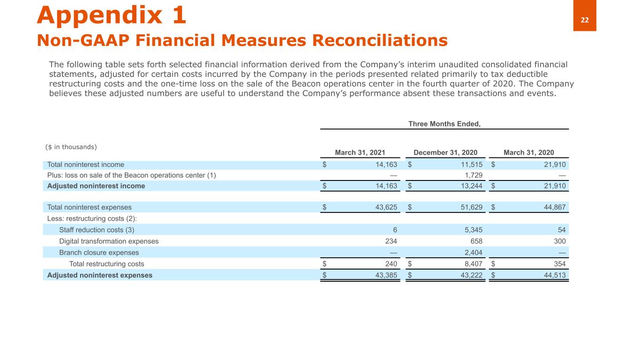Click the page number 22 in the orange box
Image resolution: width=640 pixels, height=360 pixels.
coord(585,20)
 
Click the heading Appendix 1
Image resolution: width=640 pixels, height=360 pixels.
coord(112,15)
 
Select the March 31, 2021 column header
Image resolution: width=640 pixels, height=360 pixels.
coord(361,152)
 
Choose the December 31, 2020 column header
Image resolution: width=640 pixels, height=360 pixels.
coord(445,152)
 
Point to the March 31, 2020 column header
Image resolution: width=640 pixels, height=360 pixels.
coord(528,152)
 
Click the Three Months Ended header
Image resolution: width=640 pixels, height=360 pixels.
coord(444,124)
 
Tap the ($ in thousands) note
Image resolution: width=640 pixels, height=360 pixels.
coord(71,147)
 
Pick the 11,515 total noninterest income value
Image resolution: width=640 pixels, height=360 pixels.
coord(470,165)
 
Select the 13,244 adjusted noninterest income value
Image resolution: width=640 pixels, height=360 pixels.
coord(470,186)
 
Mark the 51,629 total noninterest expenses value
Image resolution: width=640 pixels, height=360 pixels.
coord(470,207)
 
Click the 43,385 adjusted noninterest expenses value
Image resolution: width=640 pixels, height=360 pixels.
coord(385,275)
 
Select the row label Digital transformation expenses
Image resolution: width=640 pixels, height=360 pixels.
coord(109,241)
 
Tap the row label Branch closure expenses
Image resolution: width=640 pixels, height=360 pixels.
coord(99,253)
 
